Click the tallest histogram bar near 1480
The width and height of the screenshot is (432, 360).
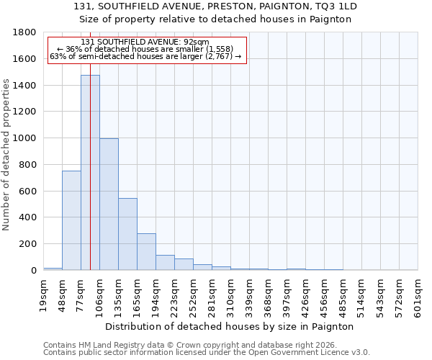click(90, 173)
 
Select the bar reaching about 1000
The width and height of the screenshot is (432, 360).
click(109, 204)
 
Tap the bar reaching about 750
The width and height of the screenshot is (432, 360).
click(71, 220)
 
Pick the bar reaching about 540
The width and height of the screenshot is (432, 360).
click(127, 234)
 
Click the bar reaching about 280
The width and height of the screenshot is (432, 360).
click(146, 251)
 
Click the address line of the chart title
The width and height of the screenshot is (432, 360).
click(215, 6)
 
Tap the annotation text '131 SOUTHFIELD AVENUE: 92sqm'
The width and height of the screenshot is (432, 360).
click(145, 42)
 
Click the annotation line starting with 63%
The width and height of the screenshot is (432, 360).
click(145, 56)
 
